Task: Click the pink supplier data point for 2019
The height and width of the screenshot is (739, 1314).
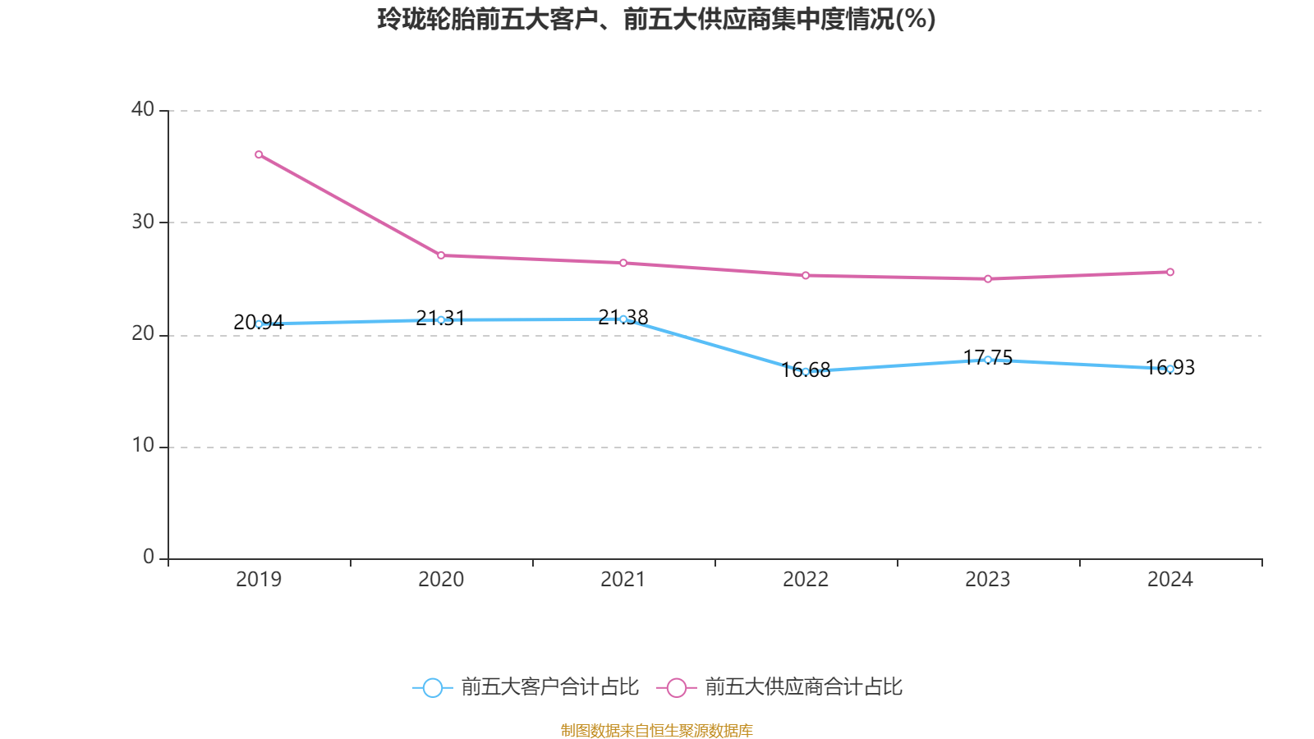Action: [259, 154]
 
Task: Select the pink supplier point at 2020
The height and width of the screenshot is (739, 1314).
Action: [441, 255]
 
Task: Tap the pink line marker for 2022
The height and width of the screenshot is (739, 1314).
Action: [806, 275]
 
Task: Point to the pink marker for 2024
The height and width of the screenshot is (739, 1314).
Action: [1170, 272]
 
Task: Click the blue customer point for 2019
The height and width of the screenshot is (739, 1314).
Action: [259, 324]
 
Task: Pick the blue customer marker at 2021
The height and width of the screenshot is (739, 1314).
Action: [623, 319]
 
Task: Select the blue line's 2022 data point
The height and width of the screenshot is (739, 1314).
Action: [806, 371]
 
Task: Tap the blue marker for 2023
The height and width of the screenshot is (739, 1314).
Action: [988, 360]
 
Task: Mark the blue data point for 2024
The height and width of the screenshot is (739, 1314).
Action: [1170, 369]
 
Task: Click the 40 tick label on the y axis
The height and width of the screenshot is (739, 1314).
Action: [143, 109]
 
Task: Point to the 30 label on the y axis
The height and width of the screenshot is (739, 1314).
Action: [143, 222]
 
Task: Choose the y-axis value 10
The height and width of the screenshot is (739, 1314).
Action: [143, 446]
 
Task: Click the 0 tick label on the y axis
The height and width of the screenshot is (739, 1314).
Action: [149, 558]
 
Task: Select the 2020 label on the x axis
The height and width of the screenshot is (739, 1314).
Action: [441, 580]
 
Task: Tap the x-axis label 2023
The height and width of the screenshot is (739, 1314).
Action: [988, 580]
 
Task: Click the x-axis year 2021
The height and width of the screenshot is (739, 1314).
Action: [623, 580]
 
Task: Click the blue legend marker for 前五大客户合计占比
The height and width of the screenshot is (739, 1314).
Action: [432, 687]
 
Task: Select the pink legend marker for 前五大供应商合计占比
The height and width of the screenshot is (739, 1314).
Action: [676, 687]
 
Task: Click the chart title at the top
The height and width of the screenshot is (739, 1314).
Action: [656, 19]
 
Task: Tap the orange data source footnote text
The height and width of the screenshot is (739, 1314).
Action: [656, 730]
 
